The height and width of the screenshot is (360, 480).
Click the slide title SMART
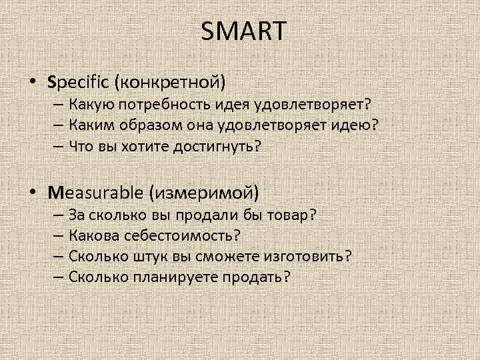click(x=242, y=31)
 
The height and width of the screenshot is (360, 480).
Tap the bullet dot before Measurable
click(x=33, y=193)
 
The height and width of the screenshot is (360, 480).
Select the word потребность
click(x=173, y=104)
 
